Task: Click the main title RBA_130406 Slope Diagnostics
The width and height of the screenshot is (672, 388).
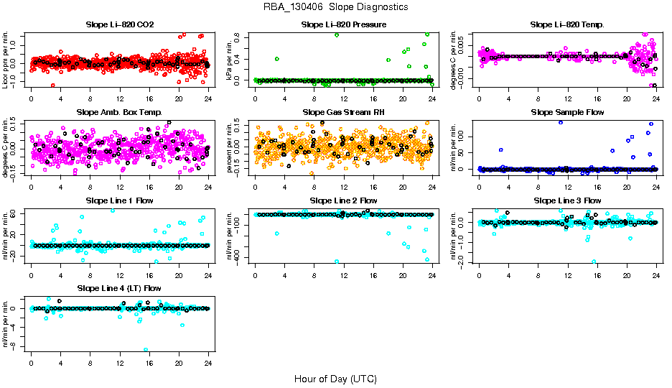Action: [x=336, y=6]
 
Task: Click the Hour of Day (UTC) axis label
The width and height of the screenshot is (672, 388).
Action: [x=335, y=379]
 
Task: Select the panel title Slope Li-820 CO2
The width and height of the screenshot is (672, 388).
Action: [x=119, y=25]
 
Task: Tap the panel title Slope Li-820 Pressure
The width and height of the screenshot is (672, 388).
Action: [x=343, y=25]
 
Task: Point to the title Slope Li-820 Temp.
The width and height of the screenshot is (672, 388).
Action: [x=567, y=25]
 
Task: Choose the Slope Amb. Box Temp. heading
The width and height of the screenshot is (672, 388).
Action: [x=119, y=113]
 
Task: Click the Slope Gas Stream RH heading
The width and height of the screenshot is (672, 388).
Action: [x=343, y=113]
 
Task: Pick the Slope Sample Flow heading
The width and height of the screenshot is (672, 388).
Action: [x=567, y=113]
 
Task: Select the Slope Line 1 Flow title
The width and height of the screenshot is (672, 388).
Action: [x=119, y=200]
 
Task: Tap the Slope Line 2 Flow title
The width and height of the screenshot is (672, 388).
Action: [x=343, y=200]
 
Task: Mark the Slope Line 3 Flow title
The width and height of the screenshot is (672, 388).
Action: [x=567, y=200]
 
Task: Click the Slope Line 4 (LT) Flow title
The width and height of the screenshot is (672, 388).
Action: [x=119, y=288]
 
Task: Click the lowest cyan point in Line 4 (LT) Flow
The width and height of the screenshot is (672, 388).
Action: [x=146, y=350]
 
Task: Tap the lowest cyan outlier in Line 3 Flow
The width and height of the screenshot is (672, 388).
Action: [x=594, y=262]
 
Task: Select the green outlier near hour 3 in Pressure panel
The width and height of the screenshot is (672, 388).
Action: [x=277, y=59]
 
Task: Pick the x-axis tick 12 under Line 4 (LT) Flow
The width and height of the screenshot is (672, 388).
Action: [x=119, y=362]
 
